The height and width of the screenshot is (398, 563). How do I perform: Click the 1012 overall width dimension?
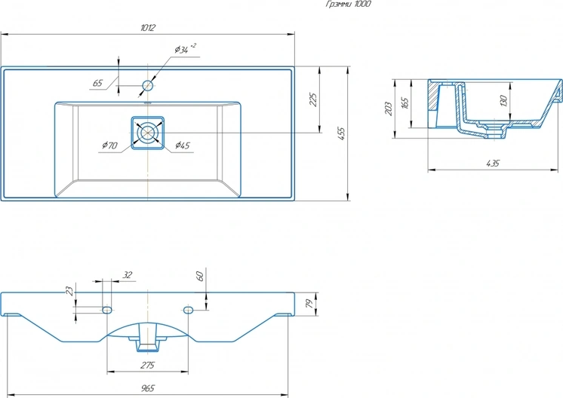pos(148,28)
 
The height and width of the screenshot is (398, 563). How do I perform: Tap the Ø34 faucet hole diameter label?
pos(185,48)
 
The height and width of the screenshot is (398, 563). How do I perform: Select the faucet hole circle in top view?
pos(148,85)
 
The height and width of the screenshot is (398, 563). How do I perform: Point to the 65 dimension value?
pos(97,83)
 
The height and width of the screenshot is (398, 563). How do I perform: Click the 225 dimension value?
pos(313,99)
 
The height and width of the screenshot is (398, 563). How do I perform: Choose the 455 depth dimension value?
pos(341,133)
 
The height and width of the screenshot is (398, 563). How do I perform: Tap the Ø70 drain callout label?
pos(109,145)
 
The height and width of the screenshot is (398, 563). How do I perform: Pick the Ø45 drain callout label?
pos(183,145)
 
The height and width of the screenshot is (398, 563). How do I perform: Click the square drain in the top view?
pos(148,133)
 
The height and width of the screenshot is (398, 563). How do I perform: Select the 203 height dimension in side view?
pos(388,109)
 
